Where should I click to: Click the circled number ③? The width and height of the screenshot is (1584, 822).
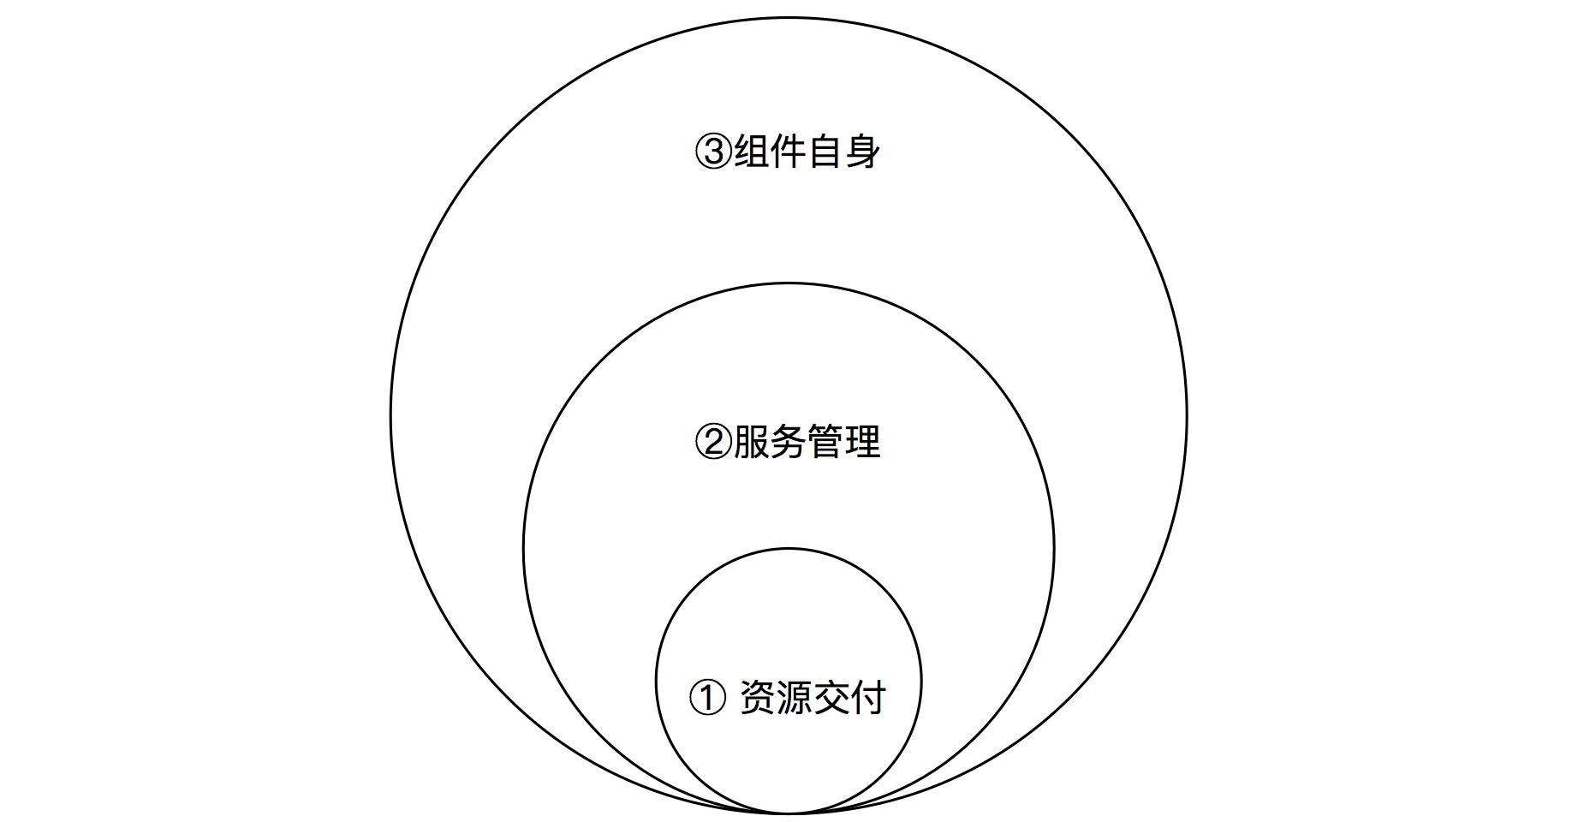tap(713, 152)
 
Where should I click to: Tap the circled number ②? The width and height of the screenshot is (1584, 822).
tap(713, 443)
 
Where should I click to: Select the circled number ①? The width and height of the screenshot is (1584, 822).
tap(707, 698)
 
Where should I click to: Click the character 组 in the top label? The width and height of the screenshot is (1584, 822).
tap(752, 152)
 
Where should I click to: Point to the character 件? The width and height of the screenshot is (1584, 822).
tap(789, 152)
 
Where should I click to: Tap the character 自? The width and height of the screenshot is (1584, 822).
tap(825, 152)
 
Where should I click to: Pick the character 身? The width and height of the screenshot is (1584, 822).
tap(862, 152)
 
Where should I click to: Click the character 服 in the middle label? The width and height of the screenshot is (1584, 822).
tap(752, 443)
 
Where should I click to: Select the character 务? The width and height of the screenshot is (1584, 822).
tap(789, 443)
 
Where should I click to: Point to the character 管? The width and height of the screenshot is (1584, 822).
tap(825, 443)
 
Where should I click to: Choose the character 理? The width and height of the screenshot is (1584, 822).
tap(862, 443)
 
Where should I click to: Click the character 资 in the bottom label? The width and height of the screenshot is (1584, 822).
tap(758, 698)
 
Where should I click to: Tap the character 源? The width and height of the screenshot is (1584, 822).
tap(795, 698)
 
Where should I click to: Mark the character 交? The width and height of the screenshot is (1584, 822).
tap(831, 698)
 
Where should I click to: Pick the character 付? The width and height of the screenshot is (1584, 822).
tap(868, 698)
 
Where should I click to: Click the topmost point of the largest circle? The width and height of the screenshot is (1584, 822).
tap(789, 18)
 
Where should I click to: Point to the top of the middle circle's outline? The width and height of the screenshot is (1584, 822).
tap(789, 283)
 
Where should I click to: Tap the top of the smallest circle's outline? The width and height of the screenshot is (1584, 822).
tap(789, 549)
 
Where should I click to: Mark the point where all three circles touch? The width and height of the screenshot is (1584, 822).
tap(789, 813)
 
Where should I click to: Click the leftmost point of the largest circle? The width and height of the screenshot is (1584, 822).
tap(391, 416)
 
